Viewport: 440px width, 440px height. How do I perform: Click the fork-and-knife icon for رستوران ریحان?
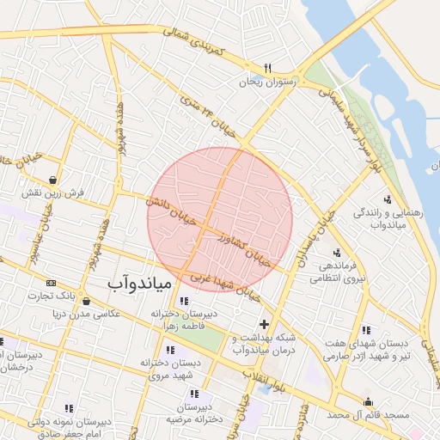pyautogui.click(x=268, y=68)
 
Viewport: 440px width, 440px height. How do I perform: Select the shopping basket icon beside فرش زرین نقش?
pyautogui.click(x=54, y=180)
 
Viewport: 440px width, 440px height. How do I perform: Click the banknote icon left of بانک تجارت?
pyautogui.click(x=51, y=283)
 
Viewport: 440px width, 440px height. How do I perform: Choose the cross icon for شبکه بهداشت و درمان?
pyautogui.click(x=264, y=324)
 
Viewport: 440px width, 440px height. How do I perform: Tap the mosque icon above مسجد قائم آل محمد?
pyautogui.click(x=369, y=401)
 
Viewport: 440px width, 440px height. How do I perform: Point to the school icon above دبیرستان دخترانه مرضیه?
pyautogui.click(x=193, y=394)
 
